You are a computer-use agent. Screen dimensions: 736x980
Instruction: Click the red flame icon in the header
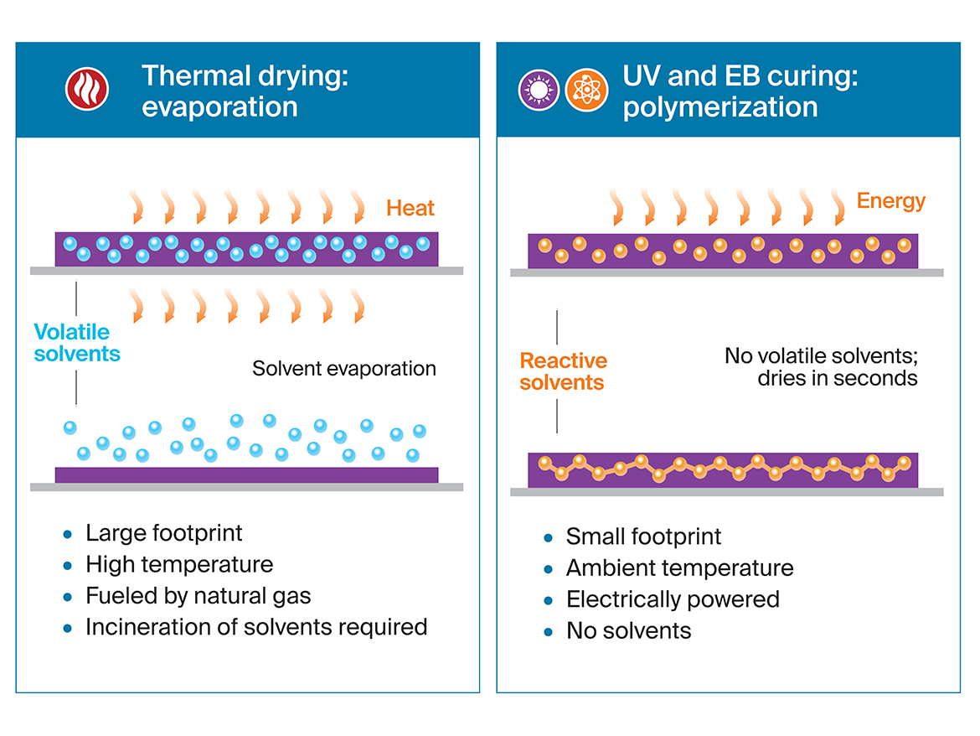pyautogui.click(x=87, y=90)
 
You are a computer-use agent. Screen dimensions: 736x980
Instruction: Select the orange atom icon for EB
pyautogui.click(x=586, y=90)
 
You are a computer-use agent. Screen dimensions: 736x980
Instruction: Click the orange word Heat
pyautogui.click(x=410, y=208)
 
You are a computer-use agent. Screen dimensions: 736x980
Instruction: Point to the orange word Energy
pyautogui.click(x=891, y=201)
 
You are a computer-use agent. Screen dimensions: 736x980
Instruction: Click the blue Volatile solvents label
pyautogui.click(x=77, y=343)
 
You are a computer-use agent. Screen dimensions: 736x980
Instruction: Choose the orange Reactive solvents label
pyautogui.click(x=563, y=371)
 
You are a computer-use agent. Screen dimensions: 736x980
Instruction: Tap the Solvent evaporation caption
pyautogui.click(x=344, y=369)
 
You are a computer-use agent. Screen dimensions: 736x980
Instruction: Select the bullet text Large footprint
pyautogui.click(x=164, y=533)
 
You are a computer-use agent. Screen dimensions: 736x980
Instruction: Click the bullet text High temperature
pyautogui.click(x=179, y=564)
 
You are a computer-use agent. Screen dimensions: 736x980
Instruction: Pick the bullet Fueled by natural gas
pyautogui.click(x=199, y=596)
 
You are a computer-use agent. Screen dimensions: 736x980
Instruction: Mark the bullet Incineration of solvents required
pyautogui.click(x=256, y=627)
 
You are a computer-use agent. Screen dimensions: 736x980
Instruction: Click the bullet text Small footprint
pyautogui.click(x=643, y=536)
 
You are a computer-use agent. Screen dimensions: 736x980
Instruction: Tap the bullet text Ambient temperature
pyautogui.click(x=679, y=568)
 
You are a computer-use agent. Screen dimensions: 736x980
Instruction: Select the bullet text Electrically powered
pyautogui.click(x=673, y=599)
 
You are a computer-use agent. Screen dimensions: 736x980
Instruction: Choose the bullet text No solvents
pyautogui.click(x=628, y=630)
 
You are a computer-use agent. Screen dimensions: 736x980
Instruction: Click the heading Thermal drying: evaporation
pyautogui.click(x=245, y=91)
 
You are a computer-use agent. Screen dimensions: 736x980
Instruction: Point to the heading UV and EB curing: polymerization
pyautogui.click(x=740, y=91)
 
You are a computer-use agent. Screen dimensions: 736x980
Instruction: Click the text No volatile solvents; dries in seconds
pyautogui.click(x=821, y=367)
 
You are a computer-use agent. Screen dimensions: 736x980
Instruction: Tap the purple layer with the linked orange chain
pyautogui.click(x=723, y=469)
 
